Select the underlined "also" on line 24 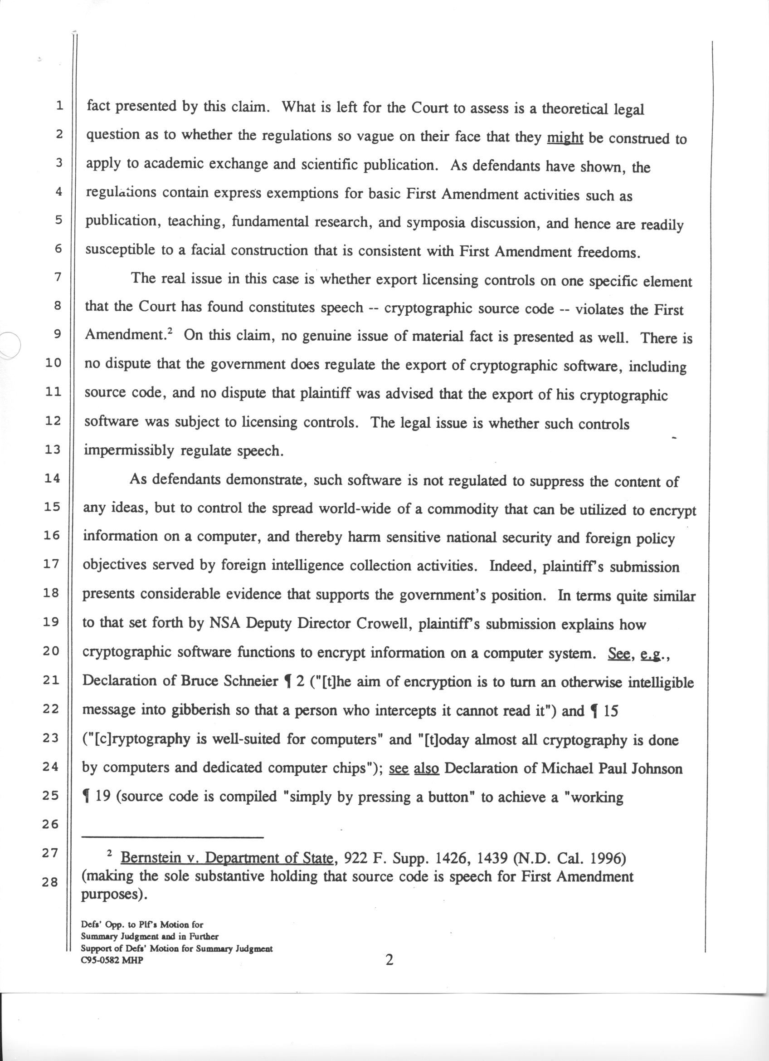pyautogui.click(x=426, y=768)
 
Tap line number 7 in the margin pyautogui.click(x=58, y=277)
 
